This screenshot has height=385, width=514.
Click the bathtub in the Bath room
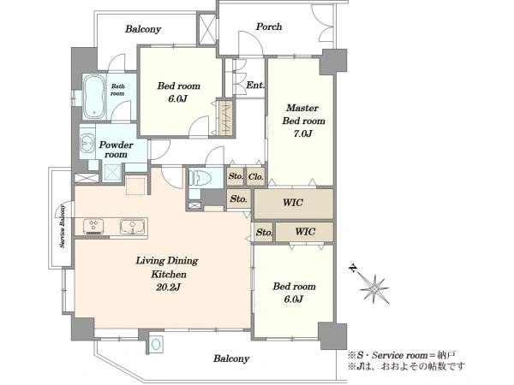pyautogui.click(x=94, y=97)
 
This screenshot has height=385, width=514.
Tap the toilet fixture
pyautogui.click(x=201, y=177)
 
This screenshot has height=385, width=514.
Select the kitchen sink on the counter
pyautogui.click(x=132, y=226)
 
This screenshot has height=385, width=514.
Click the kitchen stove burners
pyautogui.click(x=93, y=226)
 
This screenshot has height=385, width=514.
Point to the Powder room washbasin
pyautogui.click(x=87, y=143)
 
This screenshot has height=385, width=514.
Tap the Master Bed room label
pyautogui.click(x=303, y=115)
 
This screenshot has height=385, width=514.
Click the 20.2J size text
pyautogui.click(x=168, y=287)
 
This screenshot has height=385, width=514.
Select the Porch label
pyautogui.click(x=269, y=27)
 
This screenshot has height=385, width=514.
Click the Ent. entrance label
pyautogui.click(x=255, y=85)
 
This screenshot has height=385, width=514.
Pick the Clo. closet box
pyautogui.click(x=255, y=177)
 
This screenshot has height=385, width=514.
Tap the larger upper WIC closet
pyautogui.click(x=294, y=204)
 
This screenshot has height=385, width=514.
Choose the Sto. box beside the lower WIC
pyautogui.click(x=264, y=232)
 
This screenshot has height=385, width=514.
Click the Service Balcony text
pyautogui.click(x=63, y=226)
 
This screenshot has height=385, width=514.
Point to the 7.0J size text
pyautogui.click(x=302, y=133)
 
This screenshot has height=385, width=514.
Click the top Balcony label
pyautogui.click(x=143, y=29)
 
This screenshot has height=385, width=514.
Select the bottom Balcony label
pyautogui.click(x=231, y=358)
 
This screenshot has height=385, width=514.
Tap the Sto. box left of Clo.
pyautogui.click(x=236, y=177)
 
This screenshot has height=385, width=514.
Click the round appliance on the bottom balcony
pyautogui.click(x=156, y=345)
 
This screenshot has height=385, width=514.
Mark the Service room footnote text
pyautogui.click(x=401, y=355)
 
